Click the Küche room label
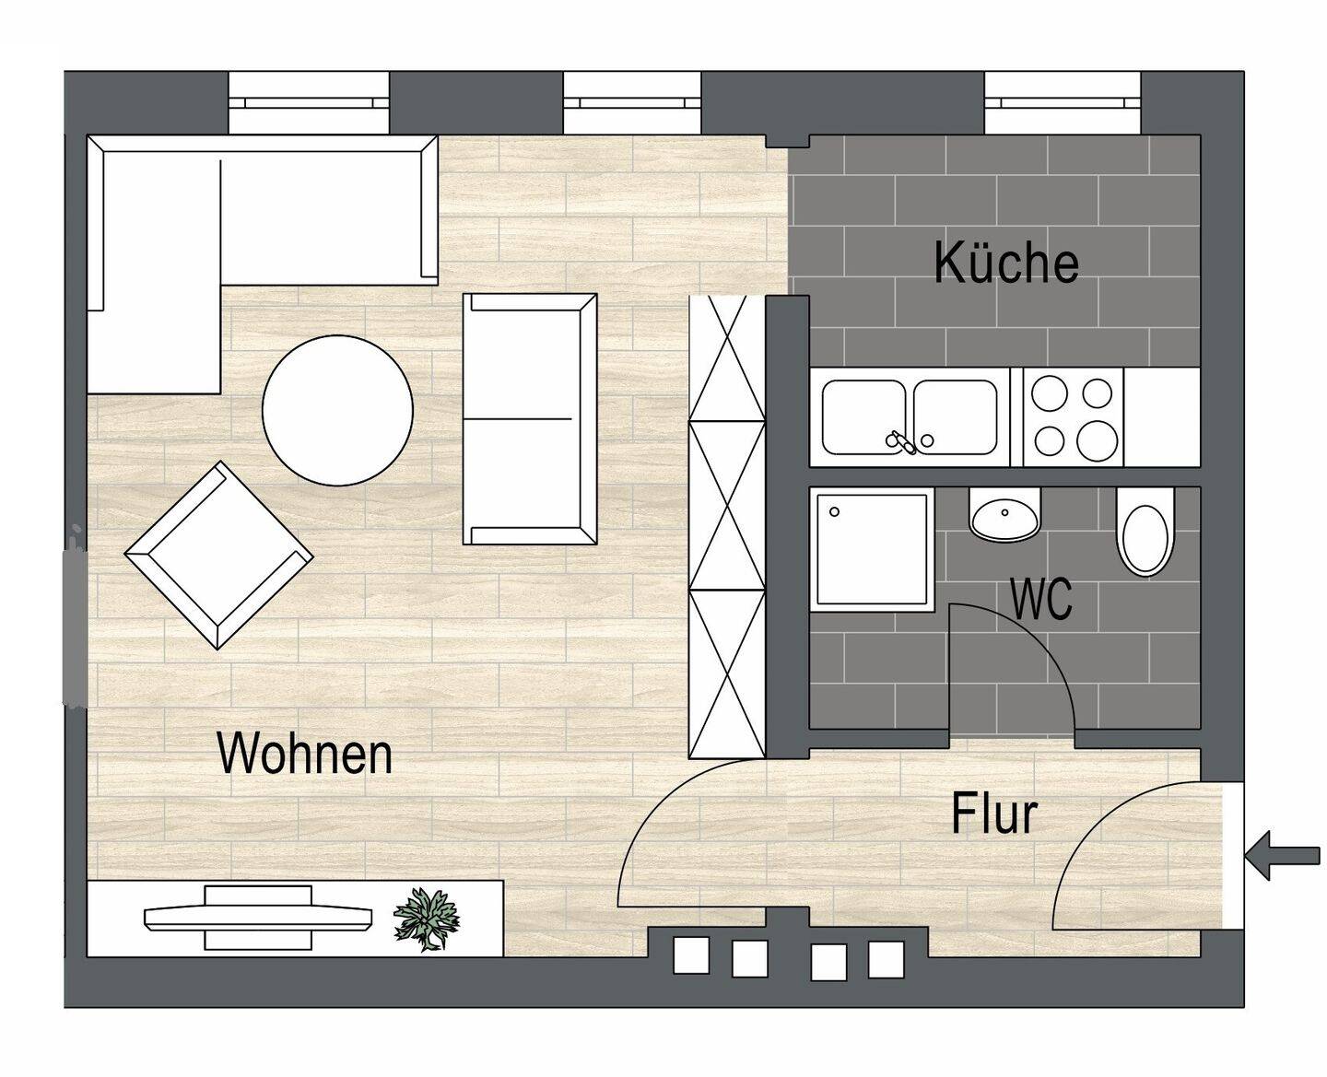(1005, 263)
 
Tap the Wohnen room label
(304, 753)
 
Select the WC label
(1041, 599)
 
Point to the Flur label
(994, 814)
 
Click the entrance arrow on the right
(1282, 854)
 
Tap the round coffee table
(337, 410)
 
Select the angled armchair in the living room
(218, 556)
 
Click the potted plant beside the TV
(425, 918)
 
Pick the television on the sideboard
(258, 917)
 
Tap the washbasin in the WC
(1004, 516)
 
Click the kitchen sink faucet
(899, 442)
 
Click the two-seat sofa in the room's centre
(529, 419)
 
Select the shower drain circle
(835, 511)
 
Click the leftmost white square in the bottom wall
(691, 955)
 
